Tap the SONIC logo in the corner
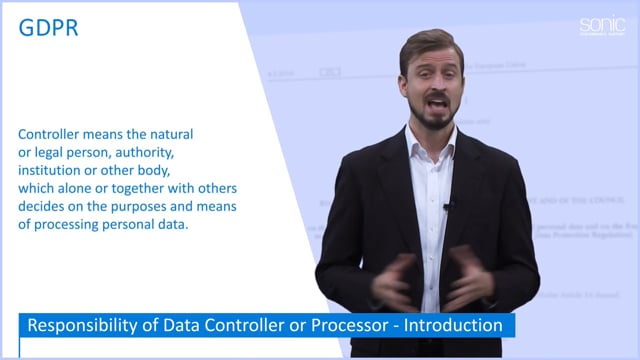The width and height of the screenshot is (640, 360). point(601,26)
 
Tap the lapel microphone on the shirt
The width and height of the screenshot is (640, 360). point(448,206)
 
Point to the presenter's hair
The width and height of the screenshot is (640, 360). point(431,45)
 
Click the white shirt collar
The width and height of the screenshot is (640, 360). point(420,140)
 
